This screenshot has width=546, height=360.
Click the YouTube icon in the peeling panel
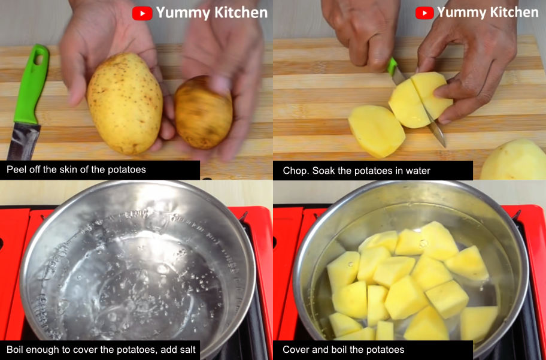pos(142,13)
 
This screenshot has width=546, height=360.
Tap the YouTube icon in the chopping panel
pos(424,13)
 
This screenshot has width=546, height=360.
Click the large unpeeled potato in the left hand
pos(125,103)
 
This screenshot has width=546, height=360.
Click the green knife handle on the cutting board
pos(31,84)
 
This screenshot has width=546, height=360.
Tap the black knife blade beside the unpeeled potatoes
pos(23,141)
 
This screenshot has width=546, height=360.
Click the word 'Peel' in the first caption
pos(15,170)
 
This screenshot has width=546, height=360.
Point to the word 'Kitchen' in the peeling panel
pos(241,13)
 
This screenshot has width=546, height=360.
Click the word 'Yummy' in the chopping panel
pos(461,13)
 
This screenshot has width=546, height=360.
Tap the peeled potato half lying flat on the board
pos(377,131)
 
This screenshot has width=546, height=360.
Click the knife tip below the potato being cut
pos(444,145)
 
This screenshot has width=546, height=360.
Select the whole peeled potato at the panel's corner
pos(514,159)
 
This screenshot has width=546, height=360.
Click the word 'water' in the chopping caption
pos(418,171)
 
